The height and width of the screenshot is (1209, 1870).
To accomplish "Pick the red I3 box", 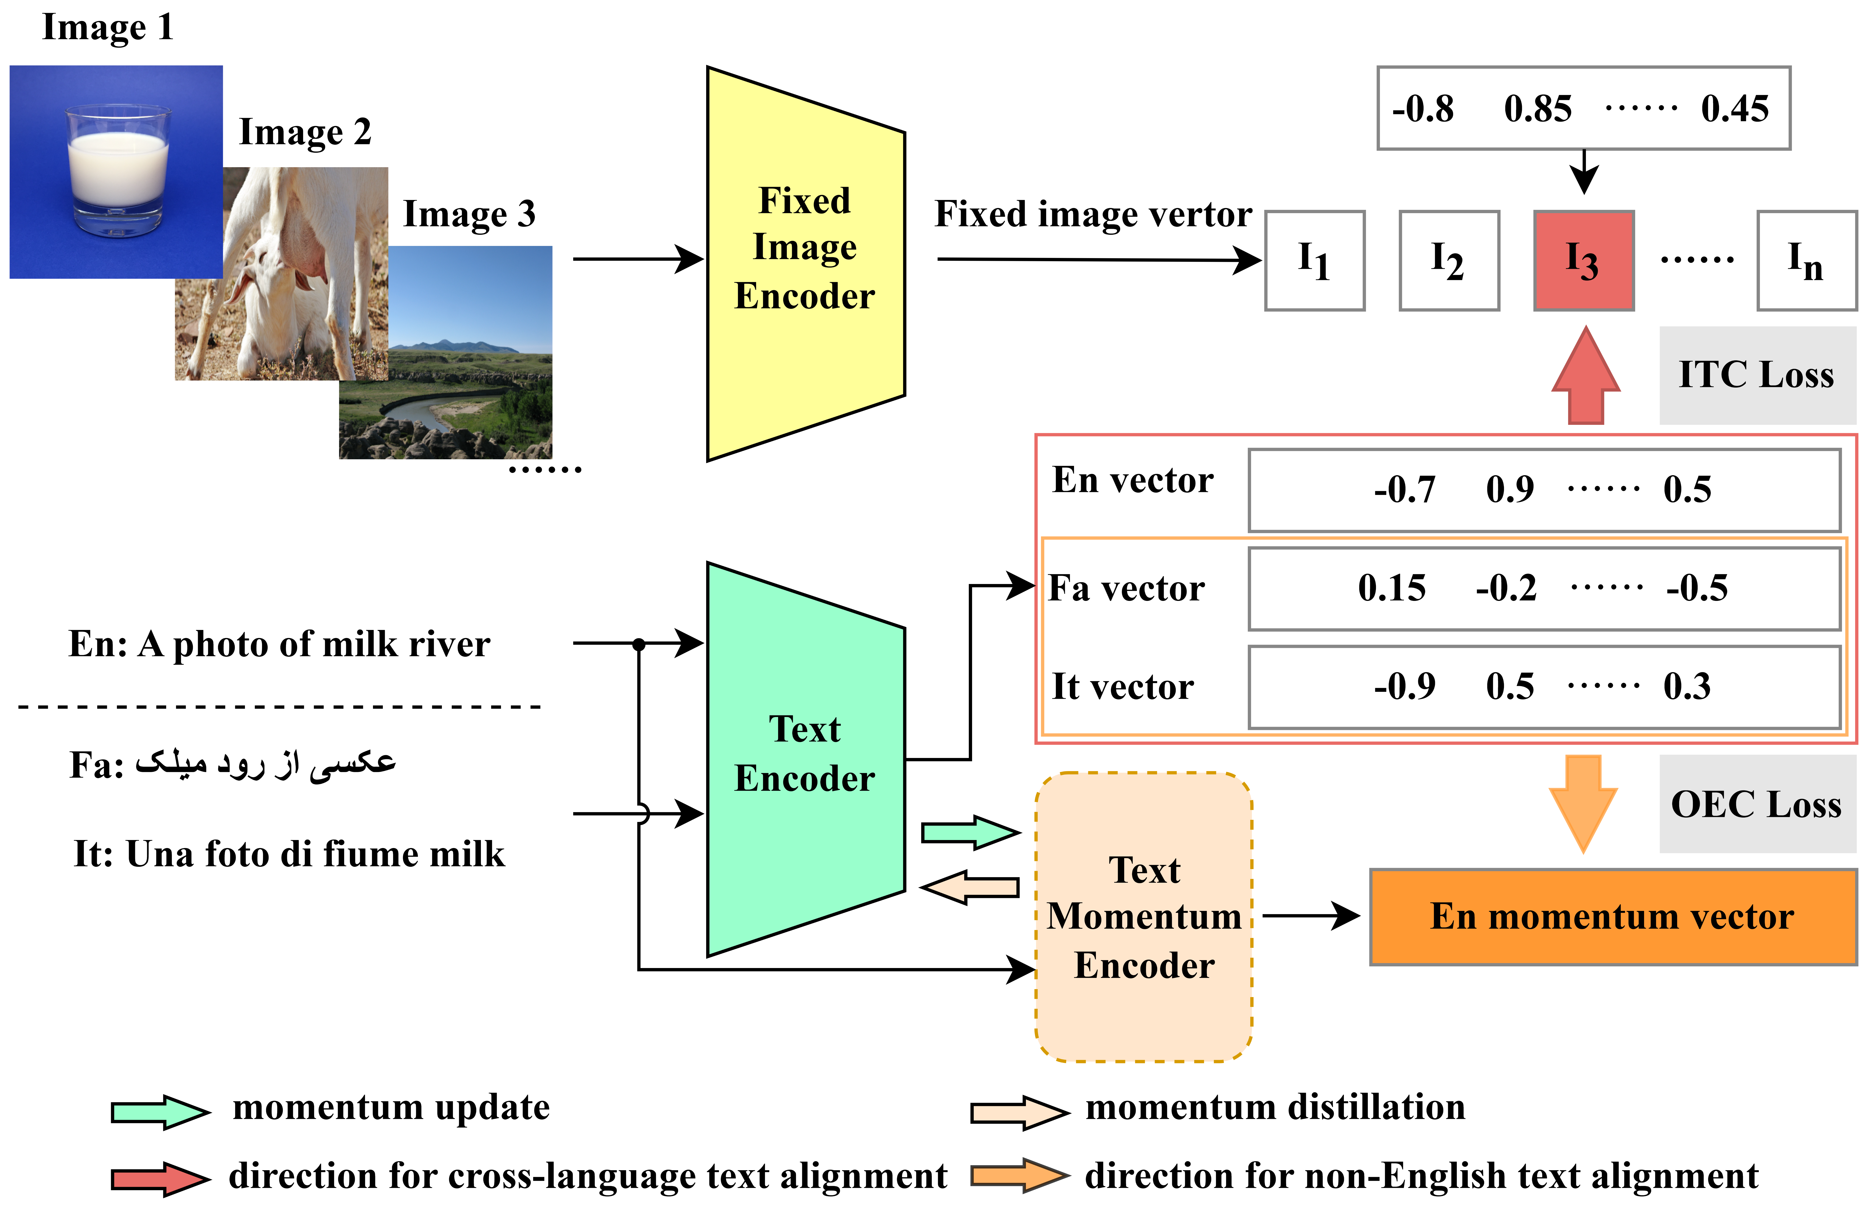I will (1583, 261).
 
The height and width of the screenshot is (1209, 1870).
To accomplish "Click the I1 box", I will (1314, 261).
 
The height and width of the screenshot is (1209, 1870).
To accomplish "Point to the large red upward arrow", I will (1586, 377).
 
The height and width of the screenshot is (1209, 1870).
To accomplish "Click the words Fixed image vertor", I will (1093, 214).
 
